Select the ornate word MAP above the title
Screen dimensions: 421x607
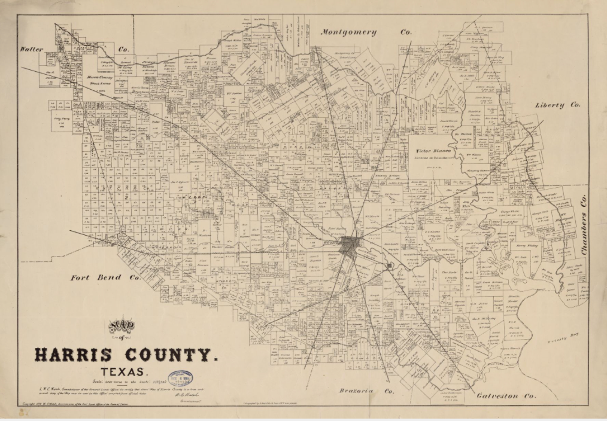pyautogui.click(x=122, y=326)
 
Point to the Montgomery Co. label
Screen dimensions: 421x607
pyautogui.click(x=365, y=32)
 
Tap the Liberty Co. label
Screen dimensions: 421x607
pyautogui.click(x=557, y=105)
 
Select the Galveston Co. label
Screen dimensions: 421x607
pyautogui.click(x=506, y=395)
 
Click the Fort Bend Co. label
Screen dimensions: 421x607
pyautogui.click(x=105, y=277)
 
